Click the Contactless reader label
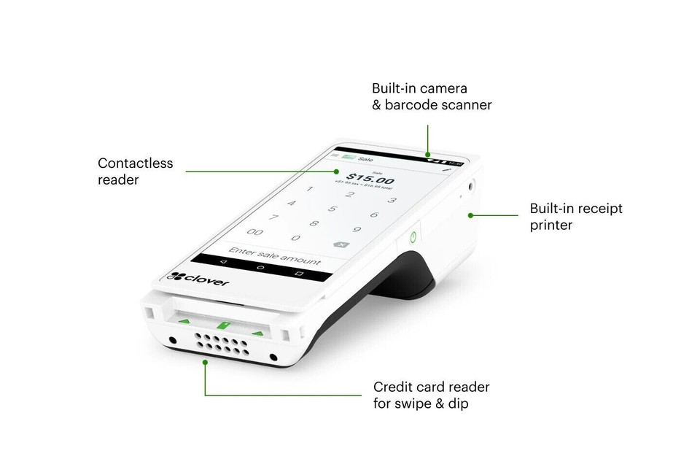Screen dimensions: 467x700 tap(136, 171)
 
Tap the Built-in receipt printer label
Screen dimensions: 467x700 tap(576, 217)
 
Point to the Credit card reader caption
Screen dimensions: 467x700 tap(431, 395)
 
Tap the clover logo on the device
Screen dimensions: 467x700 tap(198, 277)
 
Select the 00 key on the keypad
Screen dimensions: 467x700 tap(254, 231)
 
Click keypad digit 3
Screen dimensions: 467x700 tap(392, 200)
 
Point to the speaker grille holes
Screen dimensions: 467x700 tap(222, 342)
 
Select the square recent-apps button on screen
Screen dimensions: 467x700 tap(299, 273)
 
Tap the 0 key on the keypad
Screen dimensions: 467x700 tap(295, 237)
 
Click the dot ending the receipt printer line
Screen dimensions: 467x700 tap(472, 215)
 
